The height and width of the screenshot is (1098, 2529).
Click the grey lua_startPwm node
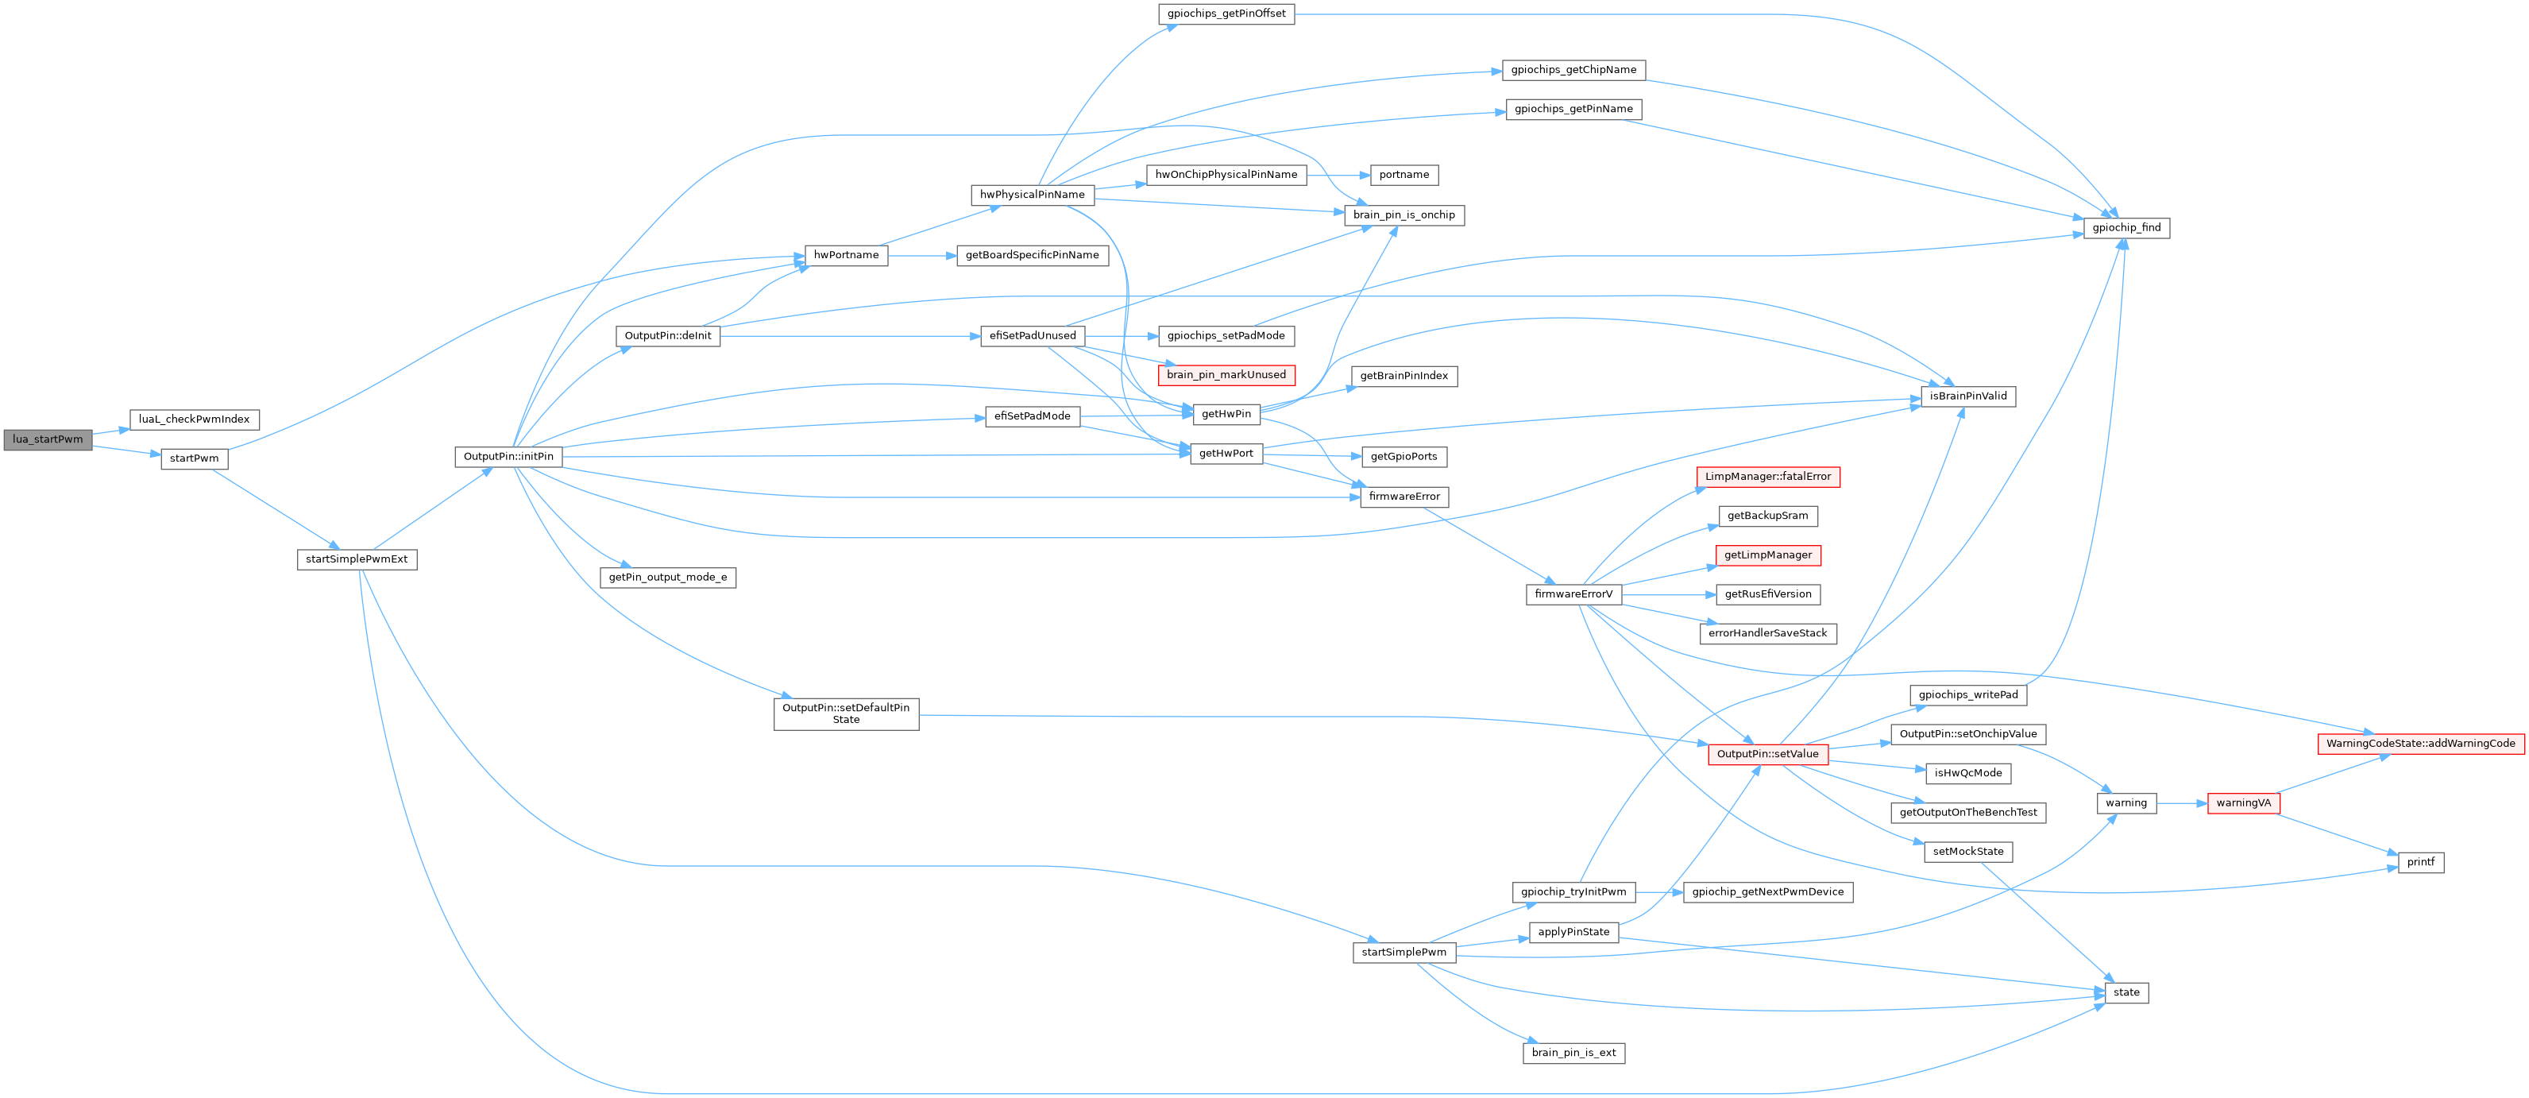tap(47, 439)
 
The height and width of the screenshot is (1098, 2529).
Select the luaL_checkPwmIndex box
tap(195, 419)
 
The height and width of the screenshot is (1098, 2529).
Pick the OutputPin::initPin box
tap(508, 457)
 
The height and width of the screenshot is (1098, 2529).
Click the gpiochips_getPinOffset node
tap(1226, 14)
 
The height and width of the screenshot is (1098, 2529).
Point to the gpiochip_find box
tap(2126, 228)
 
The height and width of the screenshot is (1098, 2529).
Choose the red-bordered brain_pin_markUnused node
tap(1226, 375)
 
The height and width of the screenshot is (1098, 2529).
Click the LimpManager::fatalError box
tap(1768, 477)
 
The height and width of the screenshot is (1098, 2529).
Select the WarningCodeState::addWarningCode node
tap(2421, 744)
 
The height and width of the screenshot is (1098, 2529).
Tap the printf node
tap(2421, 862)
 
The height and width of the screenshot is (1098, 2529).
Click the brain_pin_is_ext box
tap(1573, 1053)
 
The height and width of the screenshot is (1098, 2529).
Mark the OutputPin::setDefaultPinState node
tap(846, 714)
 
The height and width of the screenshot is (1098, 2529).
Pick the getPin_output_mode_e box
tap(667, 578)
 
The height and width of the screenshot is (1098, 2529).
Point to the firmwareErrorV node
tap(1573, 594)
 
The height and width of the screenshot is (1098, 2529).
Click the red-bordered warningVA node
tap(2243, 803)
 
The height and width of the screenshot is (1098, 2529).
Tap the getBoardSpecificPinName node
tap(1032, 255)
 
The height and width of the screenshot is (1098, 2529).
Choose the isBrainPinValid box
tap(1967, 396)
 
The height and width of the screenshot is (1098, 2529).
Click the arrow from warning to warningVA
tap(2181, 803)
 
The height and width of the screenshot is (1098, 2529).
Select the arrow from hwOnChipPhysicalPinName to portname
tap(1338, 175)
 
